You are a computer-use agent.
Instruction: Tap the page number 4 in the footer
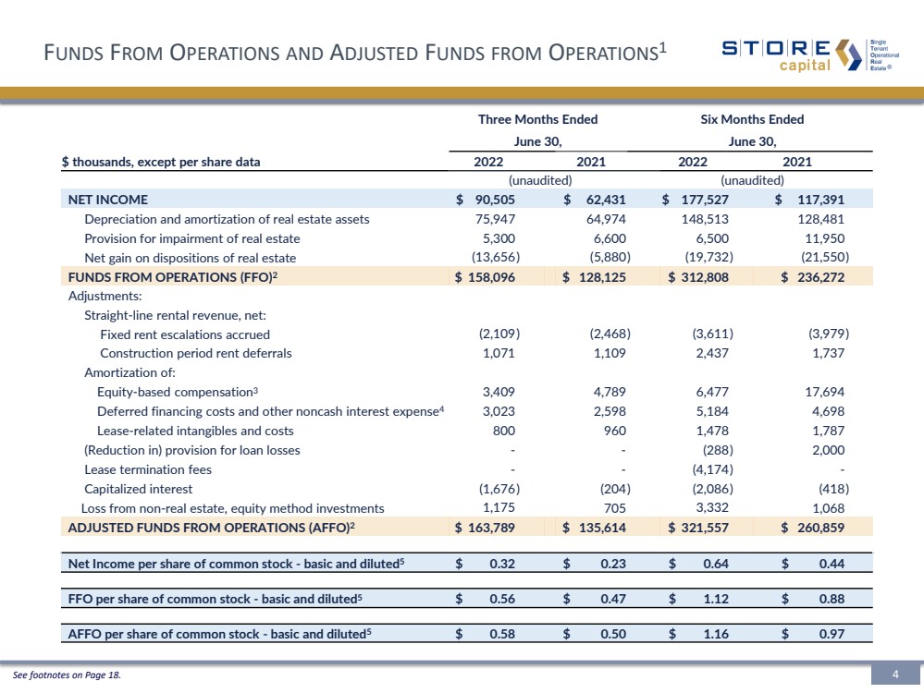coord(895,675)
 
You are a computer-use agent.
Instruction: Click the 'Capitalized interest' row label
coord(137,489)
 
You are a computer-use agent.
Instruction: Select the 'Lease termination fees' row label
coord(142,469)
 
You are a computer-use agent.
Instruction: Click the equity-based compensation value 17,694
coord(823,392)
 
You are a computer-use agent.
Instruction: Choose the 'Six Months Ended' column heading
coord(752,119)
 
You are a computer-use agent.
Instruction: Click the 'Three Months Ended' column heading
coord(537,119)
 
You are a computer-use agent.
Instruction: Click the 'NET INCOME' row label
coord(107,199)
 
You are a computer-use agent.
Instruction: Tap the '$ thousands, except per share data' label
coord(161,162)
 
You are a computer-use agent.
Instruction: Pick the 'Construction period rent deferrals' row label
coord(195,353)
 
